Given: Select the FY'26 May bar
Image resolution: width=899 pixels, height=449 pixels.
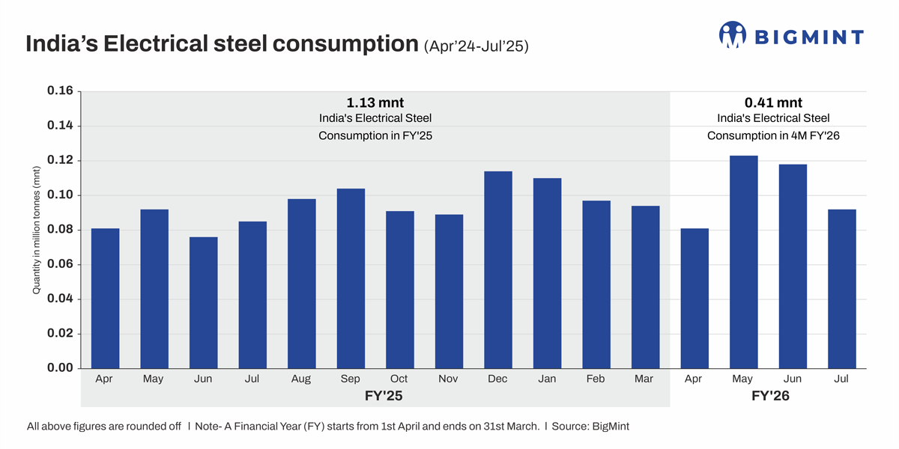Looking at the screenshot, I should point(743,262).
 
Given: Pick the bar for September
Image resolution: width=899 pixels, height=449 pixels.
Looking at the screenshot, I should point(351,278).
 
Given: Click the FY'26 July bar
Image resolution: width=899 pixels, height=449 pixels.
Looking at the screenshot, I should point(841,289).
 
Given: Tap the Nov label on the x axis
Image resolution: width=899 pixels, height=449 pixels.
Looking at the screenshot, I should point(448,379).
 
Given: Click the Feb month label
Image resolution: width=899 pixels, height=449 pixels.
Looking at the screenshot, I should point(596,379).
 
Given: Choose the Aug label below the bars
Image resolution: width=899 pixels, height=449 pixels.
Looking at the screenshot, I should point(301,379).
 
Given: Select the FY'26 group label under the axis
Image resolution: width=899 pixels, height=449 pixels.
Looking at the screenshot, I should point(770,396).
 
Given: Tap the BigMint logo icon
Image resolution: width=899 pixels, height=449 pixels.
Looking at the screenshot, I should point(733,35).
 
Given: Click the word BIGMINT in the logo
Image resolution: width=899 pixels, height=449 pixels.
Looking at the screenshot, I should point(809,37).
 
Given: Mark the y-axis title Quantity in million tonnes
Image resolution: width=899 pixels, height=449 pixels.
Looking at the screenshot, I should point(37,230).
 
